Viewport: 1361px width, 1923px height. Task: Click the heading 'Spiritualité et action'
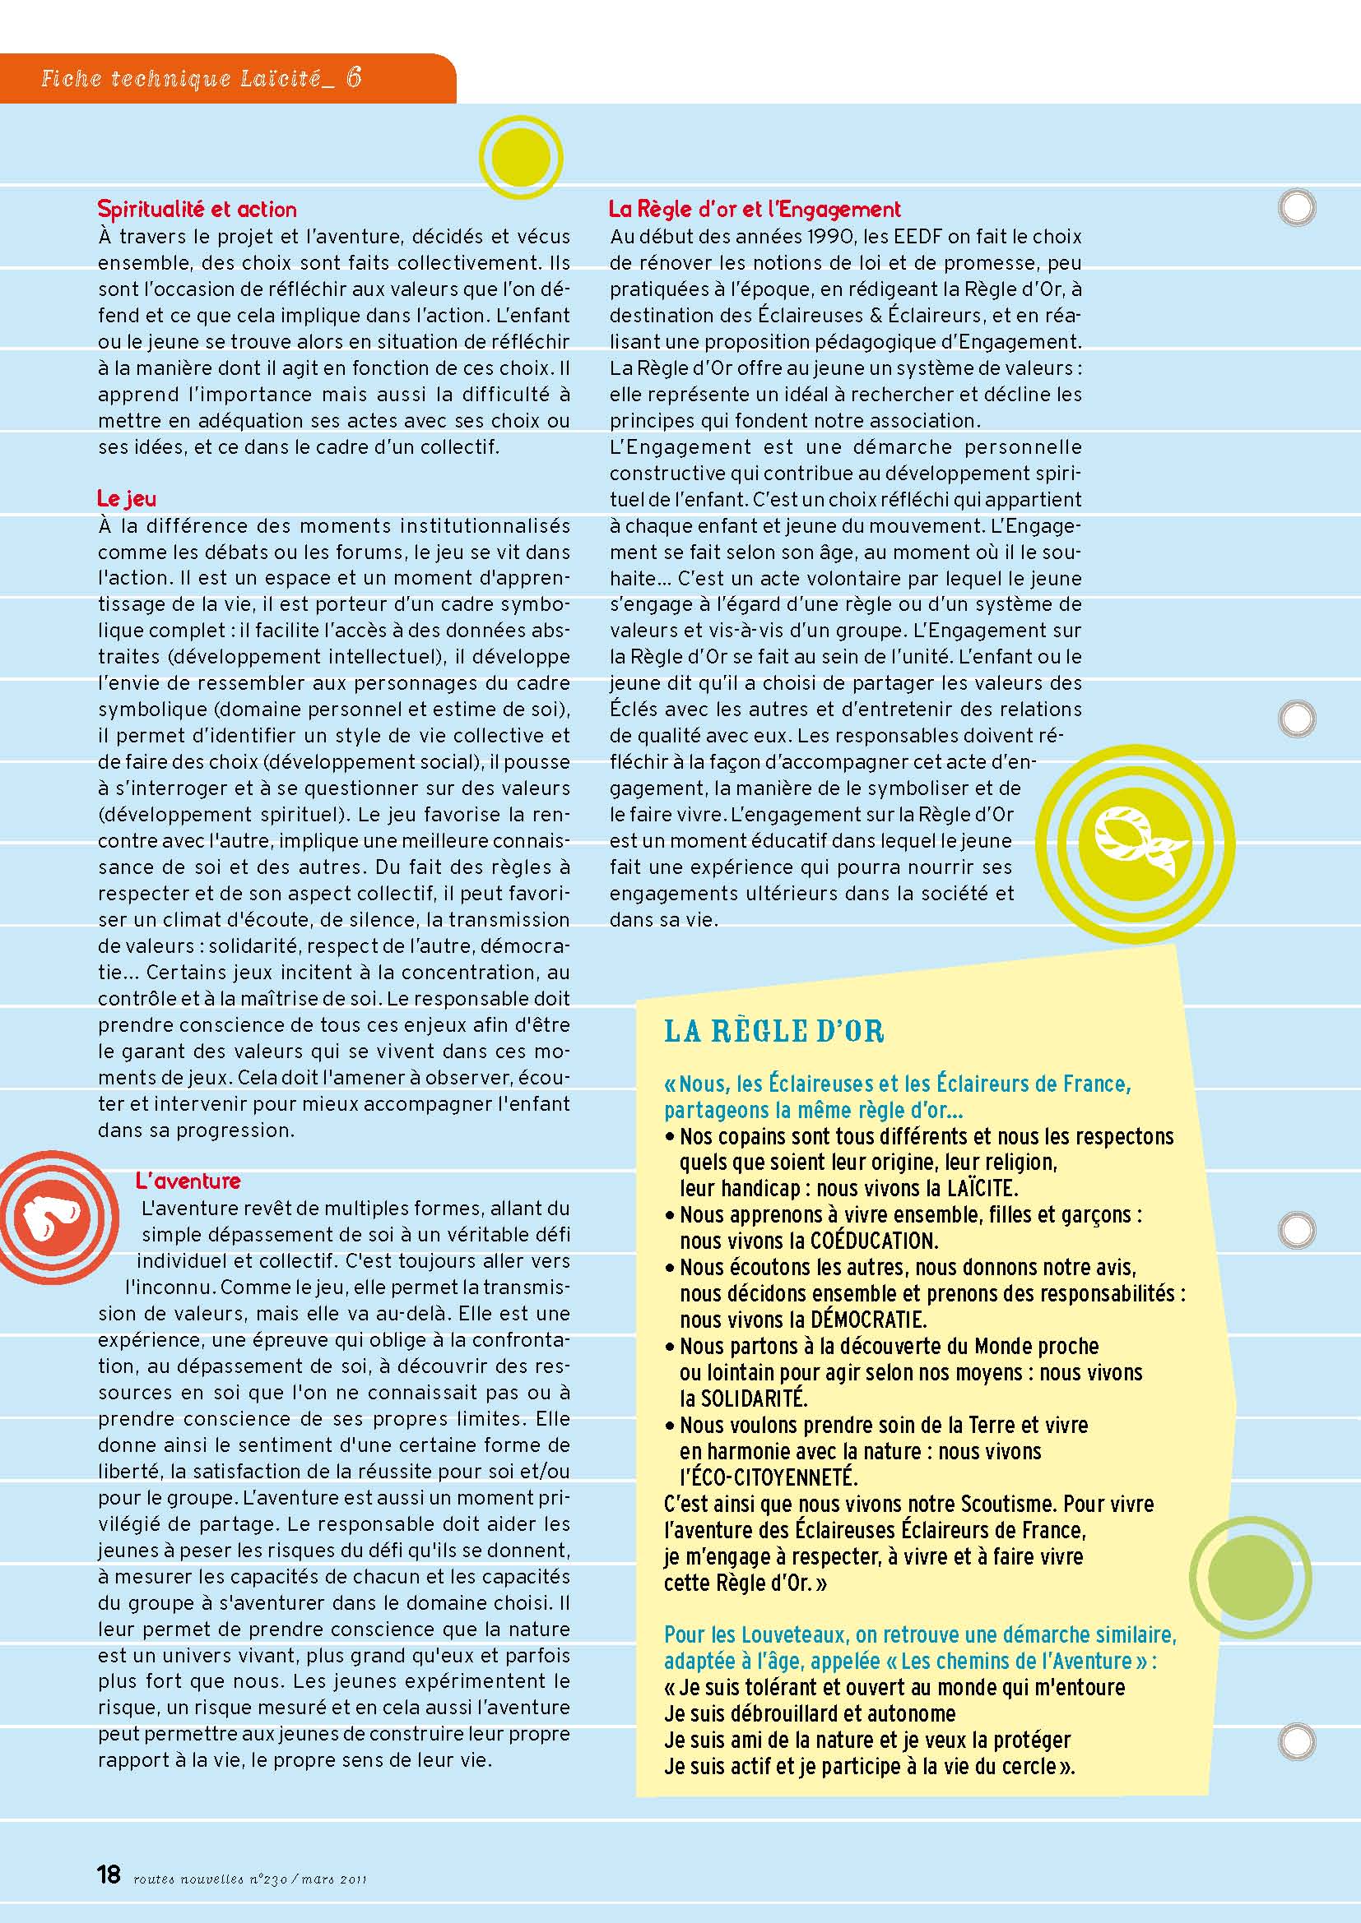(x=197, y=209)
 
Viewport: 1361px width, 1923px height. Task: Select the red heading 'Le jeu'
(x=127, y=498)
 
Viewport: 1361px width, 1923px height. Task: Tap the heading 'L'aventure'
(x=188, y=1181)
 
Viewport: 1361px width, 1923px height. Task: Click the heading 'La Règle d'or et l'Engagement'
(x=755, y=209)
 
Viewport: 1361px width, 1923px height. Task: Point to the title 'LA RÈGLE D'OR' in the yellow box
(x=773, y=1031)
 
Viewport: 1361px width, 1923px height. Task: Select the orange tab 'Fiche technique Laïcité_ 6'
(x=201, y=79)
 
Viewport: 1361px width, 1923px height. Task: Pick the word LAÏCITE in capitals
(x=982, y=1189)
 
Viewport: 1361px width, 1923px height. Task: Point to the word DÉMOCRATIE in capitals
(x=867, y=1320)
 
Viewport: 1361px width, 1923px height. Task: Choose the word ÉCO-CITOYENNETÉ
(x=769, y=1477)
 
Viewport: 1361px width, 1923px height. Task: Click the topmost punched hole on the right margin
(x=1297, y=207)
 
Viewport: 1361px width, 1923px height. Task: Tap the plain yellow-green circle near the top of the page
(x=520, y=158)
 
